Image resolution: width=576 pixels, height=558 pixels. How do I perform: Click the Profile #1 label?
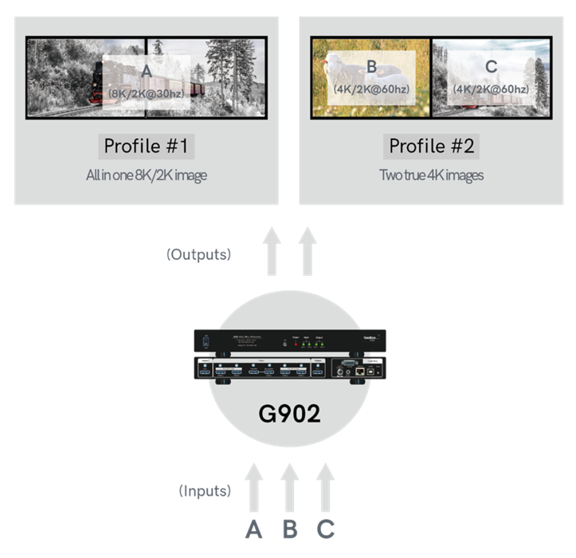(x=147, y=147)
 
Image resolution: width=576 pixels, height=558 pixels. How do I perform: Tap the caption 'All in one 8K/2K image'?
(x=147, y=175)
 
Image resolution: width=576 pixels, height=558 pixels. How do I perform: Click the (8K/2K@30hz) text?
(x=146, y=95)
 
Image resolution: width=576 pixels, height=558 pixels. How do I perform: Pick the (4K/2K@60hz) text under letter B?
(x=371, y=88)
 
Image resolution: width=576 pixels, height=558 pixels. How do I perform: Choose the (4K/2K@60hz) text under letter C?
(x=490, y=88)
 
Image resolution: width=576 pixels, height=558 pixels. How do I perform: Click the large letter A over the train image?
(x=146, y=73)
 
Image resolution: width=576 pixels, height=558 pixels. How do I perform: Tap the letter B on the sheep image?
(x=371, y=67)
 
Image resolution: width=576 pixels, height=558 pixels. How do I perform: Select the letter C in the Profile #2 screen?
(x=490, y=67)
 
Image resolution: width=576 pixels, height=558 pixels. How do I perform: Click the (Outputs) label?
(x=198, y=254)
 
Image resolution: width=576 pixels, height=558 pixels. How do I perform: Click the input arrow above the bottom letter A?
(x=253, y=489)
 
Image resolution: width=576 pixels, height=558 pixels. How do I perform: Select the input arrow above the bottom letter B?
(x=289, y=489)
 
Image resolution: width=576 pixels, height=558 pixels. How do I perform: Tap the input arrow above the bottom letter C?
(x=325, y=489)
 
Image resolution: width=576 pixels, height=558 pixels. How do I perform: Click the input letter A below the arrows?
(x=253, y=529)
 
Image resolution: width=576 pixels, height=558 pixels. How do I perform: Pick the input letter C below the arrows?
(x=326, y=529)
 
